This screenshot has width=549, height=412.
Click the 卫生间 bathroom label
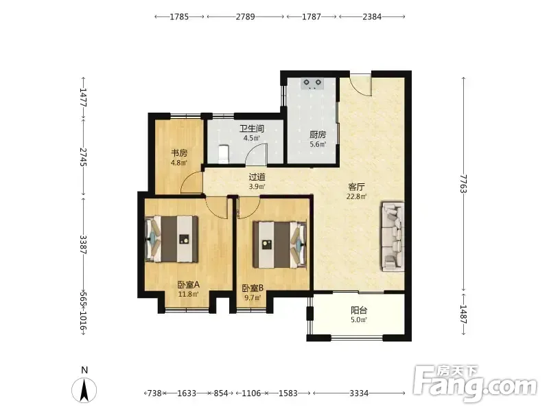tap(251, 128)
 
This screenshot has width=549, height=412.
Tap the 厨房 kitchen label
tap(318, 135)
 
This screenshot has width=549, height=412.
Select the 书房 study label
tap(179, 153)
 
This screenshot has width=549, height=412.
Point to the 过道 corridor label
tap(257, 177)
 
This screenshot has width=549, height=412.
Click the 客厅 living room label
tap(356, 187)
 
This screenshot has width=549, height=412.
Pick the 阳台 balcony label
tap(359, 310)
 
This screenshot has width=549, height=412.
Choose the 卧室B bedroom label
tap(253, 288)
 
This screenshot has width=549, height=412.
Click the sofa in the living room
tap(393, 236)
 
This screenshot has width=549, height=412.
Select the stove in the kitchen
tap(312, 84)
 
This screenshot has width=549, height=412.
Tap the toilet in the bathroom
tap(223, 154)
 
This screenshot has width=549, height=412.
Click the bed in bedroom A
tap(172, 239)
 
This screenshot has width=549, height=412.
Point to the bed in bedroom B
tap(280, 244)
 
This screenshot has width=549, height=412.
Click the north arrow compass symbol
tap(84, 389)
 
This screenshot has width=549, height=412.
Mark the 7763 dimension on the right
tap(464, 183)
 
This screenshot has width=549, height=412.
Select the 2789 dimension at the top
tap(245, 16)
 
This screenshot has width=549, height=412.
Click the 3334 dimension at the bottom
tap(359, 393)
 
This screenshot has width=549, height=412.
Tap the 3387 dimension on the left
tap(83, 244)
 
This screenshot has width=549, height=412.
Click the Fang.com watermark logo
tap(474, 384)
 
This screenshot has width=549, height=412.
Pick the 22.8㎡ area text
tap(356, 196)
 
